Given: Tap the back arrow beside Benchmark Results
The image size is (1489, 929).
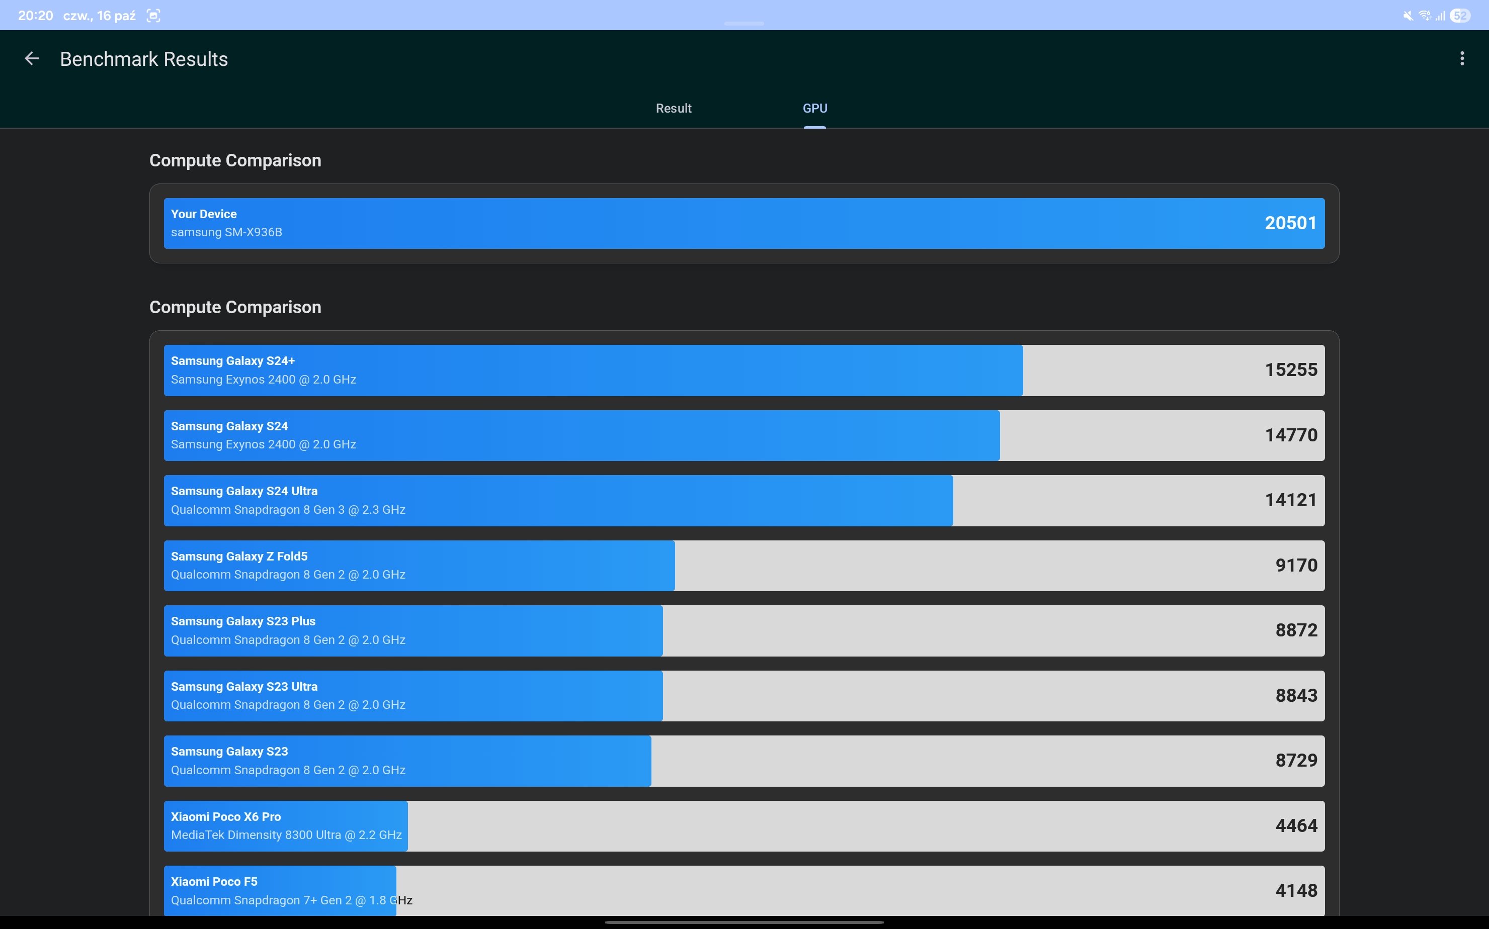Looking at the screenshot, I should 31,59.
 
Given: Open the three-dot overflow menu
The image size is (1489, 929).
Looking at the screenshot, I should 1461,59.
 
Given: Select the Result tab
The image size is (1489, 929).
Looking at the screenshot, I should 673,109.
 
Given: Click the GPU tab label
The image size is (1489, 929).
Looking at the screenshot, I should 814,109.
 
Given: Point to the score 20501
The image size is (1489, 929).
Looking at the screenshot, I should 1290,223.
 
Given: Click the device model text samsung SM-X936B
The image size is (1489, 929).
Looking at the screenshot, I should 226,232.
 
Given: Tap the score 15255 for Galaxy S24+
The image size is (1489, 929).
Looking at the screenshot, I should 1290,370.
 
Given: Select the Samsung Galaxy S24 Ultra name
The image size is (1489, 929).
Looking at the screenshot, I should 244,491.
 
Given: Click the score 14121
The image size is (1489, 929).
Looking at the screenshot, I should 1290,500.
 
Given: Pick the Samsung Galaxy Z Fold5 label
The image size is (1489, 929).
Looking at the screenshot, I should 239,556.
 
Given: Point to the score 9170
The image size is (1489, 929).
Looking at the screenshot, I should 1295,565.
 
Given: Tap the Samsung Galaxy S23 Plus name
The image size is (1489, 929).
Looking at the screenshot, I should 243,621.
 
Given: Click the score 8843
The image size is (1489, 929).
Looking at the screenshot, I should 1295,696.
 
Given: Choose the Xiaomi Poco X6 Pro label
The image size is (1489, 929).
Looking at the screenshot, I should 226,816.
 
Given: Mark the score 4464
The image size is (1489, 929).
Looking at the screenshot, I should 1295,826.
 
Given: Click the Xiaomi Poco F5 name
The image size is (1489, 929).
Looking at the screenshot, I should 214,882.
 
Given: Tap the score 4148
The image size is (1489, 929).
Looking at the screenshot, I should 1295,891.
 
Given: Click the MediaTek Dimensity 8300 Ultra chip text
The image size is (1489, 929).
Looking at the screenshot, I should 286,835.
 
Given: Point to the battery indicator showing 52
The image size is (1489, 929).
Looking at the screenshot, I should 1459,16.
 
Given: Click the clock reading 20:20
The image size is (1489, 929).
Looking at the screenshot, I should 36,16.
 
